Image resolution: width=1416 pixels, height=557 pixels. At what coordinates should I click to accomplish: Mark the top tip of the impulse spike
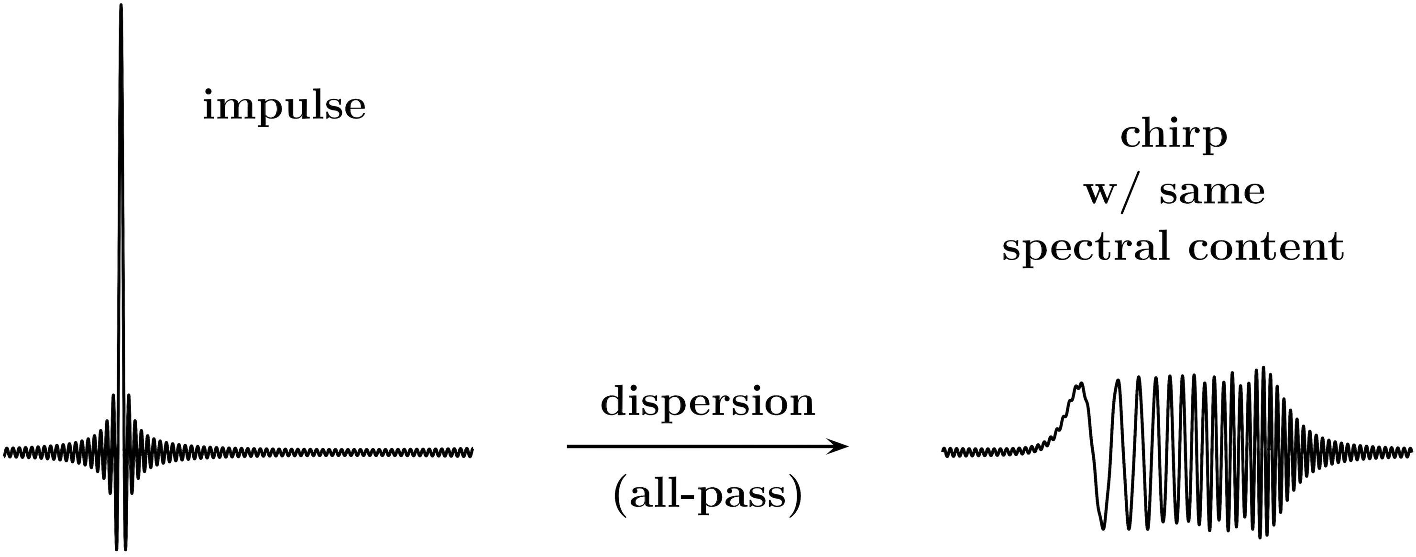[x=121, y=5]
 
